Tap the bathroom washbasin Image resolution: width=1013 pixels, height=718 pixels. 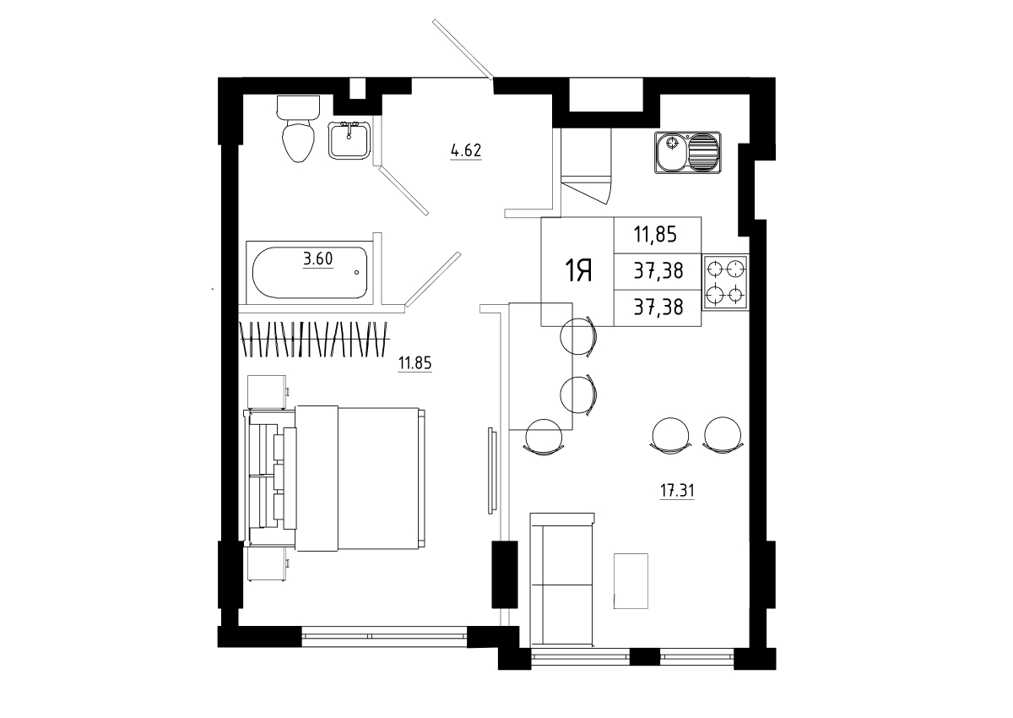(x=349, y=140)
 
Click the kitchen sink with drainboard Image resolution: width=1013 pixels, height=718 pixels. (x=687, y=152)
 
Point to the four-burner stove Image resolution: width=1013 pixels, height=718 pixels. (x=725, y=282)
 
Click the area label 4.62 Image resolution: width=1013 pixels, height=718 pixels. (x=466, y=150)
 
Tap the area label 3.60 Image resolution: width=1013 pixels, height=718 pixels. (x=318, y=259)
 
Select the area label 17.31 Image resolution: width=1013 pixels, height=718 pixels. (x=677, y=491)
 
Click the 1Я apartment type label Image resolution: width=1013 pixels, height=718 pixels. (x=578, y=271)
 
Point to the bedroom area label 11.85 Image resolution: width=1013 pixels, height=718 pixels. (x=414, y=363)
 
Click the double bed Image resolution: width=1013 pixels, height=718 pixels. (x=334, y=479)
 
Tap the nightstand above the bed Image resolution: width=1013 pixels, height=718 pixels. (x=267, y=392)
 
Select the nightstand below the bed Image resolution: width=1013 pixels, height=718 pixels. (x=267, y=563)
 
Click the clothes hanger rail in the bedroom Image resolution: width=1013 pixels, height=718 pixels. (x=314, y=339)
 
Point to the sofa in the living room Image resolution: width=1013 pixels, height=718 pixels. (x=561, y=579)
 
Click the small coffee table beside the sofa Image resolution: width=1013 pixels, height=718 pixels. (x=631, y=581)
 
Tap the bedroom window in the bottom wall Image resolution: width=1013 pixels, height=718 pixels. (x=384, y=636)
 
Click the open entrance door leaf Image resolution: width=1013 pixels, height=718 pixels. (x=463, y=49)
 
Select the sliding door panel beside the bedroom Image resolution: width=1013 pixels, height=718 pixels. (x=492, y=471)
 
